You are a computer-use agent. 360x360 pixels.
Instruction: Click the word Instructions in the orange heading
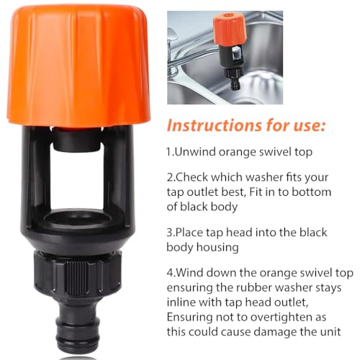click(215, 125)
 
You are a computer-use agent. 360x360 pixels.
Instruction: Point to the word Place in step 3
click(191, 233)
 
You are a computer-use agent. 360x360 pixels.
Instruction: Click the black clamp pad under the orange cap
click(76, 141)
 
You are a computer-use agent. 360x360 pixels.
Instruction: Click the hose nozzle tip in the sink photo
click(235, 83)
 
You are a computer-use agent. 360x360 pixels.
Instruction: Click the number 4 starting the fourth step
click(170, 273)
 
